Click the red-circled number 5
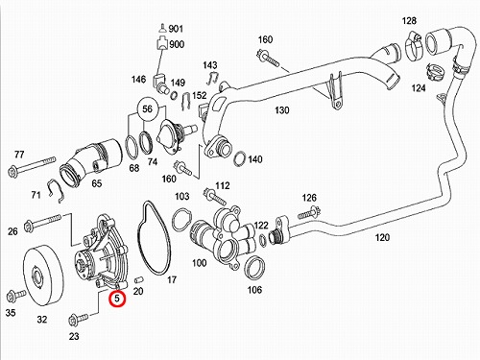click(x=117, y=298)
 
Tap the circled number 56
click(x=147, y=109)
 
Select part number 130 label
click(x=282, y=110)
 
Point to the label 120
click(x=382, y=237)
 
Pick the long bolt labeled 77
click(x=32, y=167)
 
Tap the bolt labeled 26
click(x=42, y=222)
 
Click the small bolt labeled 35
click(x=15, y=296)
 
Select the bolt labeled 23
click(x=78, y=319)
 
